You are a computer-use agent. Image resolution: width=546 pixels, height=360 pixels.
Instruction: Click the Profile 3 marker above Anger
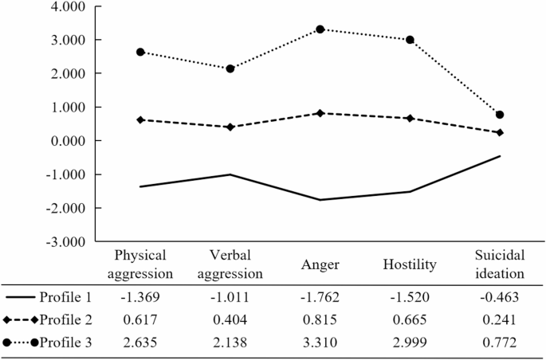(320, 29)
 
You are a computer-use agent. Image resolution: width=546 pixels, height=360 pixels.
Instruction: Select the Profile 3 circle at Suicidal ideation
(500, 115)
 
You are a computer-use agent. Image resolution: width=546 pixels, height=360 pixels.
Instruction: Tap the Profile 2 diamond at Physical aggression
(140, 119)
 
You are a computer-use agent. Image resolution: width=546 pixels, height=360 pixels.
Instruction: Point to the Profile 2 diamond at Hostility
(410, 118)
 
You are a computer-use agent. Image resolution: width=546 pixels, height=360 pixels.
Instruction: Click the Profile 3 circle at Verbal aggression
(230, 68)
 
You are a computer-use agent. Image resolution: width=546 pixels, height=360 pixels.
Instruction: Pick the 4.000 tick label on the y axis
(69, 6)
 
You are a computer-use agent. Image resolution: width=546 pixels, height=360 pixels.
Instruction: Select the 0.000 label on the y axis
(69, 141)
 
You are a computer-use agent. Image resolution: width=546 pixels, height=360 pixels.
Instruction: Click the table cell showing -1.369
(140, 298)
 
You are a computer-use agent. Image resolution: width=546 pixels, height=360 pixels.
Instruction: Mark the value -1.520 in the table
(410, 298)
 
